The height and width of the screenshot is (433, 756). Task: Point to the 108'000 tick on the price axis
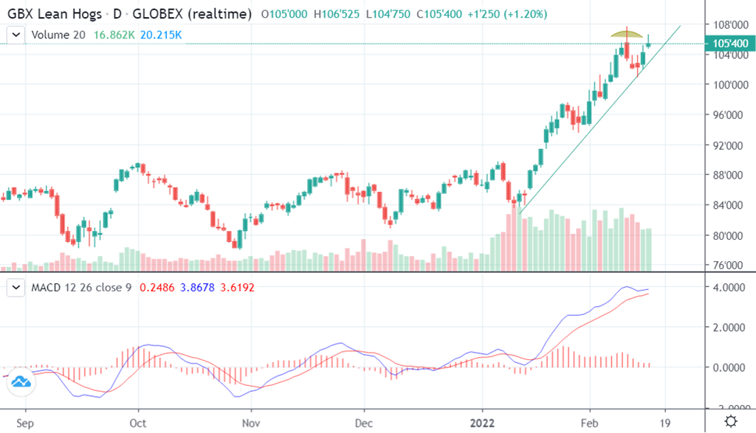click(726, 24)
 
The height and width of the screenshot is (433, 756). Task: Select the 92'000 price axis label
click(726, 145)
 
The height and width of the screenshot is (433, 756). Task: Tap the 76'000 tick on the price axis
click(726, 266)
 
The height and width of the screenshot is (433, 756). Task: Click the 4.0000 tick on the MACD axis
click(726, 287)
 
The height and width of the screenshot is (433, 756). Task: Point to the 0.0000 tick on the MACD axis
click(726, 367)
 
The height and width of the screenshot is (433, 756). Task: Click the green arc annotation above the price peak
click(628, 33)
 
